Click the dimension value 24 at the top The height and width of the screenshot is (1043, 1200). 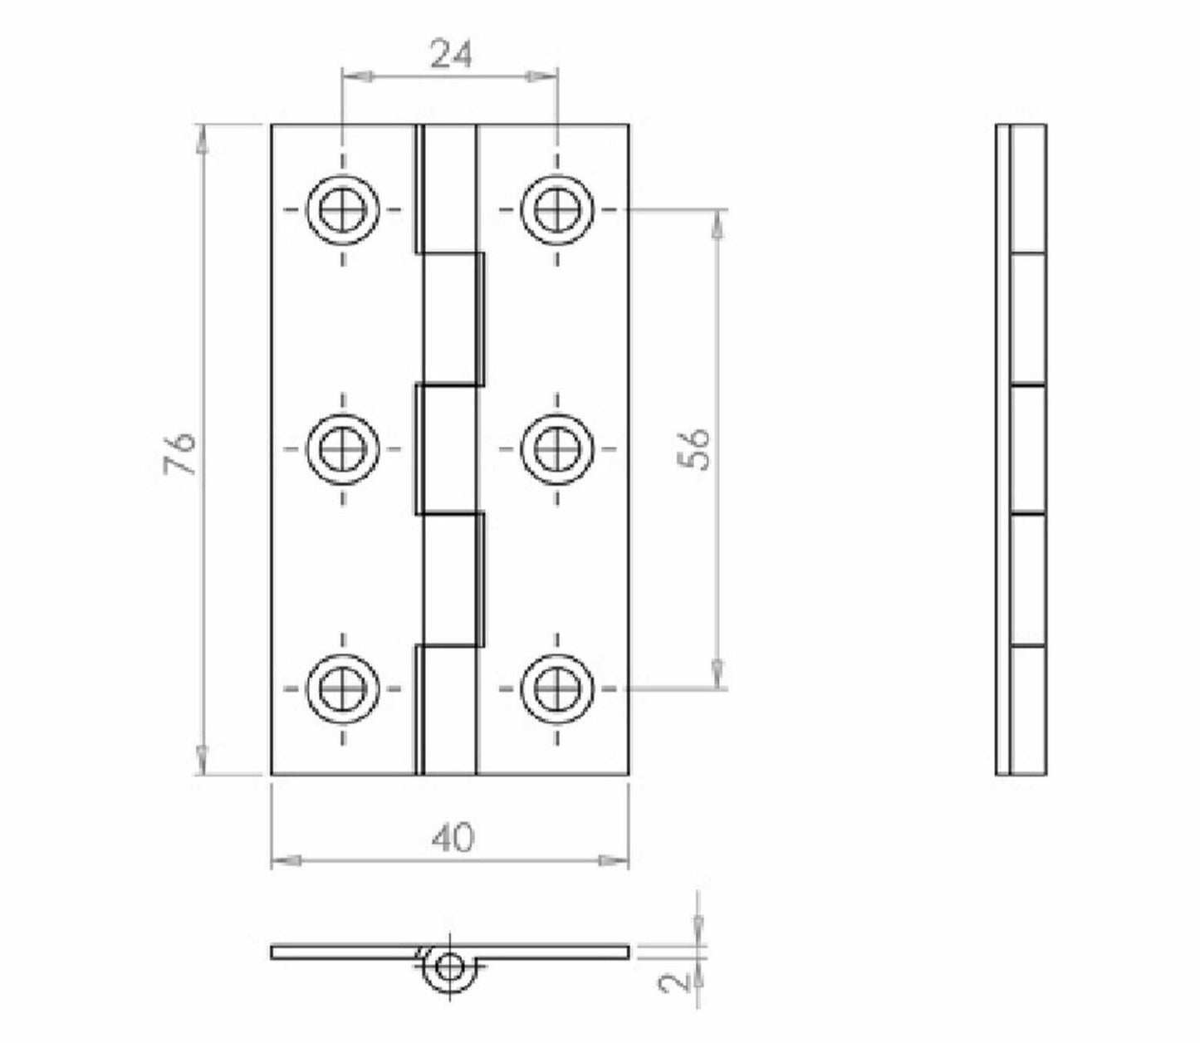(x=451, y=55)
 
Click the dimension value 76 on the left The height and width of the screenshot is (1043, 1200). (x=180, y=452)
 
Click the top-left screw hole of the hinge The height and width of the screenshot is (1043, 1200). (x=342, y=209)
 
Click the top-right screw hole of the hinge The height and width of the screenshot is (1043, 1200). (x=557, y=209)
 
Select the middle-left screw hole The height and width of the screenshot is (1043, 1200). (x=342, y=448)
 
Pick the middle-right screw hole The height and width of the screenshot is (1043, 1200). (x=557, y=448)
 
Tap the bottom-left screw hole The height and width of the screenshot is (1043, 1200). (x=342, y=688)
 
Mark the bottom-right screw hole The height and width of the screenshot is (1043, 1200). (x=557, y=688)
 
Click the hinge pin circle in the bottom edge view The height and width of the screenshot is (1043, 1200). (x=449, y=967)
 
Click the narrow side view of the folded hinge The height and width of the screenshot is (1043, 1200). (x=1021, y=449)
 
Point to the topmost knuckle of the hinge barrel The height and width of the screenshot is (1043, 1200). (x=447, y=187)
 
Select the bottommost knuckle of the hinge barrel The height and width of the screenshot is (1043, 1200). (x=447, y=710)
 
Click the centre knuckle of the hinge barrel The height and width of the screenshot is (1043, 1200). (x=447, y=448)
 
